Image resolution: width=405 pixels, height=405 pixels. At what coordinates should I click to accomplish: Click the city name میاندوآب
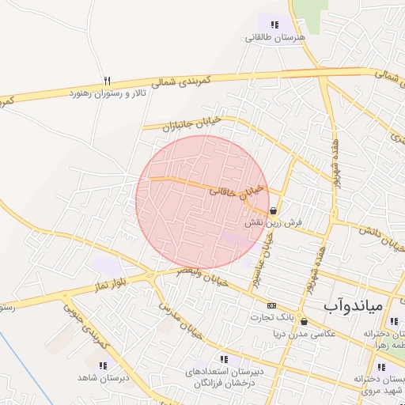coord(353,305)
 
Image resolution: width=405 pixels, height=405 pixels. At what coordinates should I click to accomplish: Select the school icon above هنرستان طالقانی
coord(274,25)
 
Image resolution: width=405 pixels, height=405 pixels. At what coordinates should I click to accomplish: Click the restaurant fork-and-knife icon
coord(108,81)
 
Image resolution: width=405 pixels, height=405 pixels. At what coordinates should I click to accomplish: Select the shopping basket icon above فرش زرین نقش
coord(273,211)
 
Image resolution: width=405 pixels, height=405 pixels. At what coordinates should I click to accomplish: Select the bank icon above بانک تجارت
coord(271,305)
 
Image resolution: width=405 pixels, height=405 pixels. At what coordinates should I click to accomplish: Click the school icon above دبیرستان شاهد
coord(101,365)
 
